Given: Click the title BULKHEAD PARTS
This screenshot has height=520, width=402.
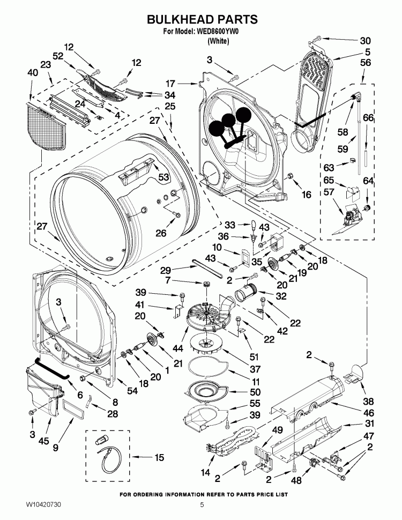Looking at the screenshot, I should tap(202, 20).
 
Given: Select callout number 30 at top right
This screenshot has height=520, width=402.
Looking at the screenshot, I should tap(364, 40).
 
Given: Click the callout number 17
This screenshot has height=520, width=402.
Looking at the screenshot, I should tap(170, 83).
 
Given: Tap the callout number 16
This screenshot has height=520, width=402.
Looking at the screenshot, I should tap(306, 195).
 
